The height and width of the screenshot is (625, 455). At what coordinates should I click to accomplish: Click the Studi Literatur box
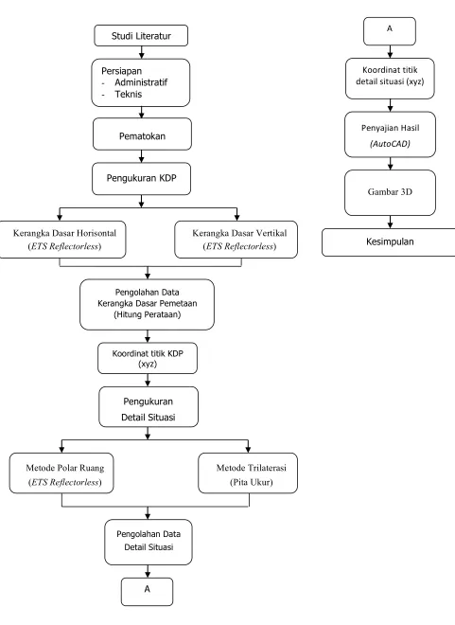[141, 35]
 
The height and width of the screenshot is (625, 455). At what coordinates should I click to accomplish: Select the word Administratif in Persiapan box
[141, 82]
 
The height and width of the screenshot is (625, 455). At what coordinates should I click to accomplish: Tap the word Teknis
[129, 94]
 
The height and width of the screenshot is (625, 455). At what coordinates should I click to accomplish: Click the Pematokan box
[142, 134]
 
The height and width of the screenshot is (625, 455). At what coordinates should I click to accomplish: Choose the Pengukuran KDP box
[141, 179]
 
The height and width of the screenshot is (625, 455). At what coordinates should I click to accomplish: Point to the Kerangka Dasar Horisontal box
[62, 240]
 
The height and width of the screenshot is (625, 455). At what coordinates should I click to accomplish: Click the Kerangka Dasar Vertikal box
[236, 240]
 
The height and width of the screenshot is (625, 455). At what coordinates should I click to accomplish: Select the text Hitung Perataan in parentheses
[148, 314]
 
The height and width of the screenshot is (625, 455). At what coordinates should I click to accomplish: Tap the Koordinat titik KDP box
[148, 358]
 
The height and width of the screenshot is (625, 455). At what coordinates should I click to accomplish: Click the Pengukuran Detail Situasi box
[149, 407]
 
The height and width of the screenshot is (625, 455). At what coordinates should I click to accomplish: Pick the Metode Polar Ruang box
[61, 473]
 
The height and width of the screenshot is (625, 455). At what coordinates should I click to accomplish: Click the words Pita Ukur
[252, 482]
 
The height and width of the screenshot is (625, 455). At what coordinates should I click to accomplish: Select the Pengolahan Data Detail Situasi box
[149, 542]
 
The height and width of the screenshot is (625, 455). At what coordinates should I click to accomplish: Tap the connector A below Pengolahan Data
[148, 592]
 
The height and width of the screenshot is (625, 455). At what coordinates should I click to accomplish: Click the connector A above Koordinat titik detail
[390, 31]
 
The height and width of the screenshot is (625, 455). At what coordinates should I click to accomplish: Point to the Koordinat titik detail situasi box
[390, 79]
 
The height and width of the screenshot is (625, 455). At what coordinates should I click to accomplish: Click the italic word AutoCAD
[390, 144]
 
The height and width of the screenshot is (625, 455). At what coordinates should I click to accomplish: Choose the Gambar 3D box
[390, 193]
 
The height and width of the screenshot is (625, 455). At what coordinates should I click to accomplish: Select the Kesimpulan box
[389, 241]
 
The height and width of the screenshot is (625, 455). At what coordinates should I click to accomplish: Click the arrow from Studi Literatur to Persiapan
[141, 53]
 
